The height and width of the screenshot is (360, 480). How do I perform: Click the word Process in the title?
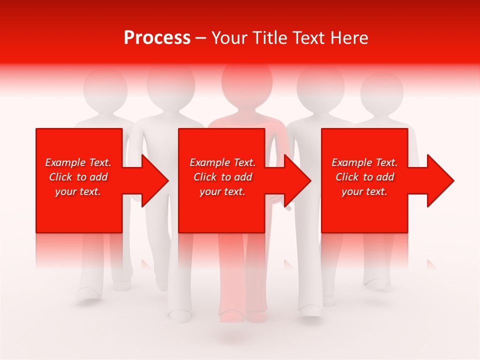click(157, 37)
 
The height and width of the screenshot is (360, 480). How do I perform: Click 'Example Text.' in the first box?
click(78, 162)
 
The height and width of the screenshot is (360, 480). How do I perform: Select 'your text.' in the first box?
click(78, 191)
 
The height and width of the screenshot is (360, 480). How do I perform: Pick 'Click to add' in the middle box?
click(222, 177)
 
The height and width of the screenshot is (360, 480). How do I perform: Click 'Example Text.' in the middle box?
click(222, 162)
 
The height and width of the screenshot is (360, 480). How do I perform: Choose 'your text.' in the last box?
click(364, 191)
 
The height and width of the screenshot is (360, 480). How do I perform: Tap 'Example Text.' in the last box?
click(364, 162)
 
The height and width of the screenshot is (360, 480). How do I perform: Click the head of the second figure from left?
click(171, 85)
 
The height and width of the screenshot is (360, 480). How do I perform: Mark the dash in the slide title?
click(201, 38)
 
